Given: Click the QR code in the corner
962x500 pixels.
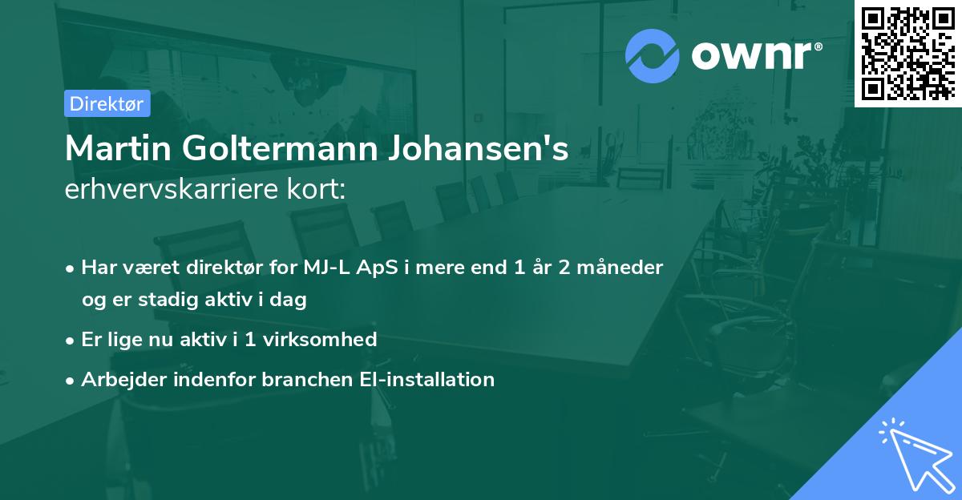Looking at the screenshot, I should point(908,53).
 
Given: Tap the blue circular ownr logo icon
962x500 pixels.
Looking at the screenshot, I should point(653,55).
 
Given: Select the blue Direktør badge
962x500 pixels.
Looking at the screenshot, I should point(107,103).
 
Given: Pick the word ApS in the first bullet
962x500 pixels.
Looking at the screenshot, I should point(381,268).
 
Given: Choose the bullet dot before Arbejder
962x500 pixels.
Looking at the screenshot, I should point(71,380).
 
